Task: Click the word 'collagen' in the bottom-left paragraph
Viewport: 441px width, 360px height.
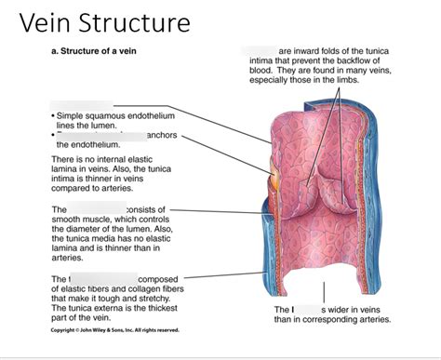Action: [143, 288]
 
